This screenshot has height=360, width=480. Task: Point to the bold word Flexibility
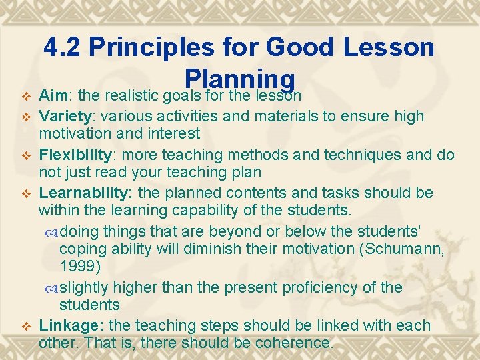click(x=75, y=155)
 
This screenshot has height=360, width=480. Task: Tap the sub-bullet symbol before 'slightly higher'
click(x=53, y=288)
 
